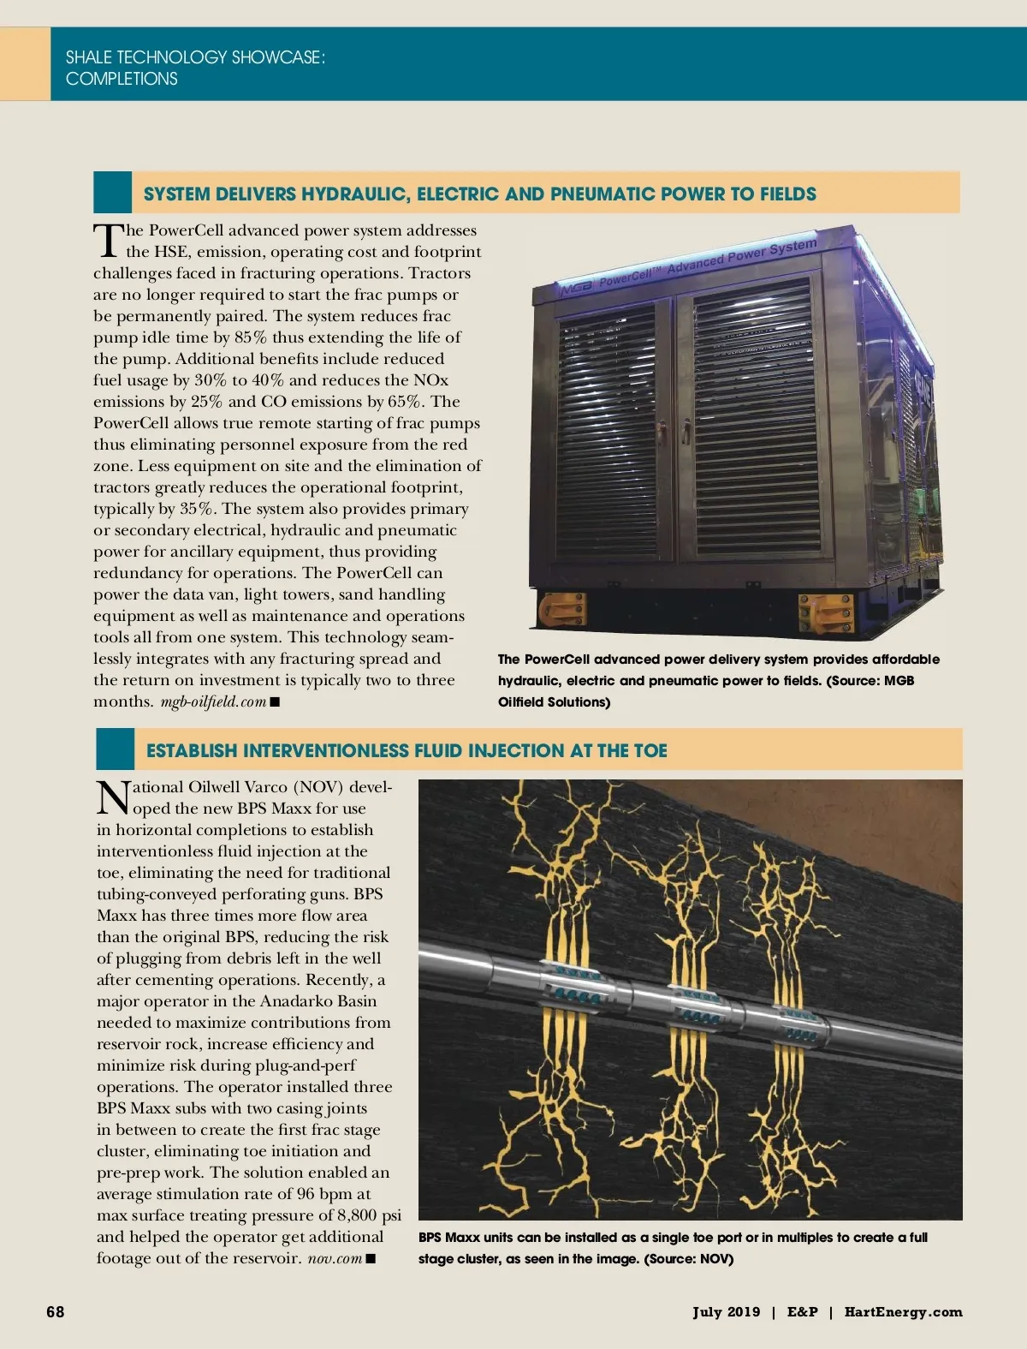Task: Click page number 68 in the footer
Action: point(55,1311)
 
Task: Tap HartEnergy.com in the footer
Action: point(903,1311)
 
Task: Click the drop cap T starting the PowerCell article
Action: point(108,241)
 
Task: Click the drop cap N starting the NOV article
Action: point(113,797)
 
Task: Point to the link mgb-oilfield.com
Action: point(213,701)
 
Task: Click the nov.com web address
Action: point(335,1258)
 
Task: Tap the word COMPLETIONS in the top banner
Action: point(122,79)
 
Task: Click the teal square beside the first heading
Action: point(112,192)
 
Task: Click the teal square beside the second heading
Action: point(115,749)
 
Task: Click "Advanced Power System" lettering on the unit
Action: point(742,254)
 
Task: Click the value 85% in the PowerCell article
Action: point(251,337)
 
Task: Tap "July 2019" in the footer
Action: point(726,1311)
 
